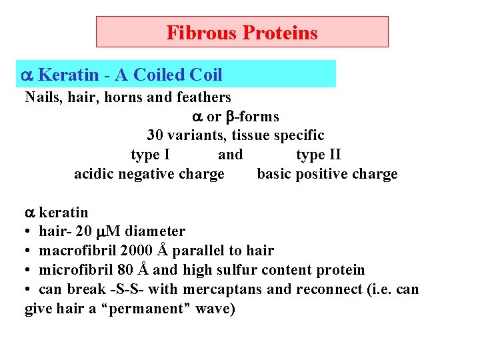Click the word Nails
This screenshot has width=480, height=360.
point(42,97)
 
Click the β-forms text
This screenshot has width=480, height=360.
point(252,117)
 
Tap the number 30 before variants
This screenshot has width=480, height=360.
point(155,135)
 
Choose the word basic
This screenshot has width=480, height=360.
point(274,175)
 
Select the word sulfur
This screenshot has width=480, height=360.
point(237,270)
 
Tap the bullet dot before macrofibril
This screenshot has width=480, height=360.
point(29,251)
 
